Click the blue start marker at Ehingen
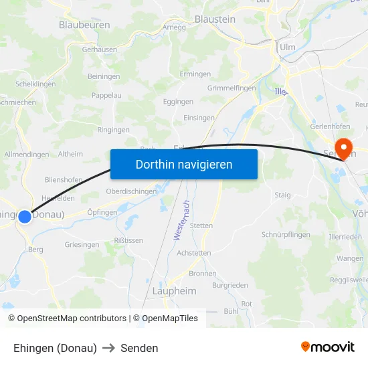click(x=25, y=216)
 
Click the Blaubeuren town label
click(x=84, y=25)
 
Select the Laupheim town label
click(x=175, y=291)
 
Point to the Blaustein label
click(x=215, y=19)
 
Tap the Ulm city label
click(x=288, y=47)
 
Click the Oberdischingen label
click(x=131, y=191)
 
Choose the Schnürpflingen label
click(x=286, y=235)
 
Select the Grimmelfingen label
click(x=232, y=88)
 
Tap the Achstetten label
click(x=194, y=253)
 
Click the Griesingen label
click(x=82, y=245)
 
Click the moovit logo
click(x=328, y=347)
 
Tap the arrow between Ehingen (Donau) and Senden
click(x=108, y=348)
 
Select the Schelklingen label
click(x=35, y=84)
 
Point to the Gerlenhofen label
click(x=331, y=126)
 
